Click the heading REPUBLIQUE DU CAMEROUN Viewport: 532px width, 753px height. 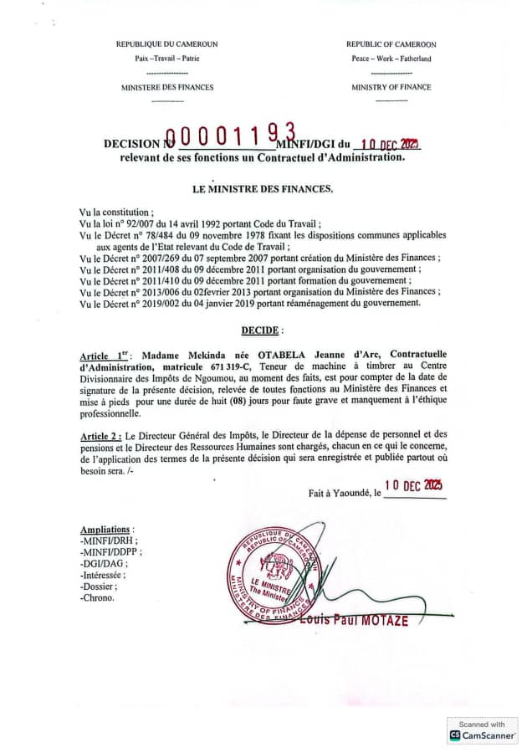pyautogui.click(x=167, y=44)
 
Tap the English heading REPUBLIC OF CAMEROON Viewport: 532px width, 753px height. pyautogui.click(x=391, y=44)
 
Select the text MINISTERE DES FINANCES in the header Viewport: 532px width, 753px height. pyautogui.click(x=167, y=87)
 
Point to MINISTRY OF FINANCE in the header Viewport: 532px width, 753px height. pyautogui.click(x=391, y=87)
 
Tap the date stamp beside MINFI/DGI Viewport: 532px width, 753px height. pyautogui.click(x=390, y=143)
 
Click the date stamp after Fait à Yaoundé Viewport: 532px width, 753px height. pyautogui.click(x=413, y=486)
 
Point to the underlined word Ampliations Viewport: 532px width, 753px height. pyautogui.click(x=106, y=530)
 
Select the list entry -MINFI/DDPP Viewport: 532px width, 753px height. pyautogui.click(x=109, y=552)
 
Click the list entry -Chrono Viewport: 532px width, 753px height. pyautogui.click(x=97, y=597)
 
